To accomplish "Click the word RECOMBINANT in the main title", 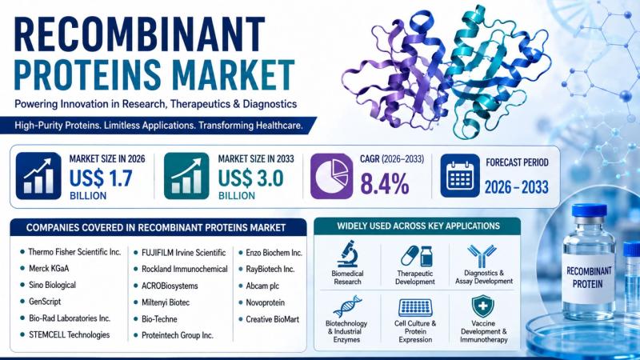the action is click(139, 34).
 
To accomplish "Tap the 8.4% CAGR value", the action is click(385, 184).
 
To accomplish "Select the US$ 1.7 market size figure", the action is click(101, 178).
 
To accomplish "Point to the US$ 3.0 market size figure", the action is click(250, 178).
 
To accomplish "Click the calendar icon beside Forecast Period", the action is click(460, 175).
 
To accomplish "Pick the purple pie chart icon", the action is click(331, 176).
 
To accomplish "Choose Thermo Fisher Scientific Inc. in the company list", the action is click(74, 252).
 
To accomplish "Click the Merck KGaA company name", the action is click(49, 269).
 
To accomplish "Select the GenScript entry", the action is click(45, 302).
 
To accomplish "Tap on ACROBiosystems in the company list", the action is click(170, 286).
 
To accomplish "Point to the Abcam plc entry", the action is click(262, 286).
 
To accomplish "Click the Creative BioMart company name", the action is click(272, 319).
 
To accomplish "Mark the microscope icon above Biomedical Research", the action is click(348, 254).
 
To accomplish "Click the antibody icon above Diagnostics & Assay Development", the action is click(482, 256).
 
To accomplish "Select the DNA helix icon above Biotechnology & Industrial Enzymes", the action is click(347, 306).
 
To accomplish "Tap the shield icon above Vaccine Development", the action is click(483, 306).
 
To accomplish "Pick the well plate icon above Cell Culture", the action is click(415, 307).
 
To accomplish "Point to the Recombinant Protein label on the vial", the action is click(588, 277).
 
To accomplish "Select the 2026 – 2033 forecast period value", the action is click(516, 187).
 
